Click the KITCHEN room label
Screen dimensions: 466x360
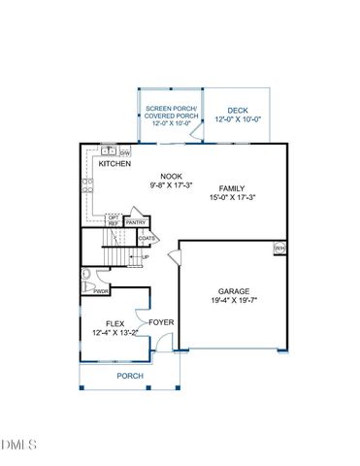click(x=115, y=164)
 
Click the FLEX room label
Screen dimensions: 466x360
click(x=115, y=323)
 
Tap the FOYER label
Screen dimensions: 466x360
click(x=161, y=321)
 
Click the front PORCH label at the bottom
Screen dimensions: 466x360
click(x=130, y=376)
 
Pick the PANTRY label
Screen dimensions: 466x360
click(x=135, y=222)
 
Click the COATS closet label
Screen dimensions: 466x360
click(x=147, y=238)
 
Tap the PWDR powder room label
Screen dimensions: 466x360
click(x=101, y=290)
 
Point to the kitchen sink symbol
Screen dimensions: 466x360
click(x=109, y=151)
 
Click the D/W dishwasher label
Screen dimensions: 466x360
click(x=125, y=152)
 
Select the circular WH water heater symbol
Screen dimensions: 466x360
click(x=279, y=249)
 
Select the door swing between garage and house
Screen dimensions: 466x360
click(x=175, y=257)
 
